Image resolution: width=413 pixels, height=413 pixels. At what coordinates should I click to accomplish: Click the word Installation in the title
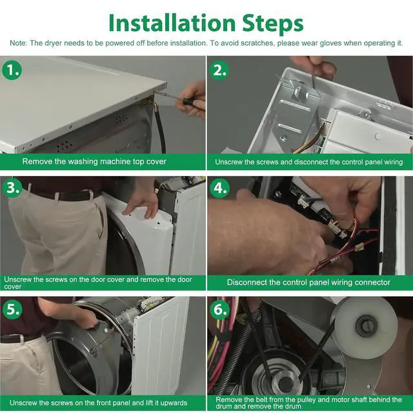click(172, 23)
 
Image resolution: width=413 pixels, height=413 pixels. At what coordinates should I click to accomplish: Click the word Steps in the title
click(272, 25)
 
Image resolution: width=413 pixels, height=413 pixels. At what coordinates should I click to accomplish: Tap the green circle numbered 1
click(12, 70)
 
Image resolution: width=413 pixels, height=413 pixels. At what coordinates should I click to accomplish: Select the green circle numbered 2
click(219, 70)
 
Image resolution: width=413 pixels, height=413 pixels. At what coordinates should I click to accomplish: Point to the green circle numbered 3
click(12, 188)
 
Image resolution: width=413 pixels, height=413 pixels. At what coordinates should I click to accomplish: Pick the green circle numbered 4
click(219, 188)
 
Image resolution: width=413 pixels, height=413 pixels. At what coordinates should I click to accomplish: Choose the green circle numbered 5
click(12, 309)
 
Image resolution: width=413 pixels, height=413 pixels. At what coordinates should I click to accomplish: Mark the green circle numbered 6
click(219, 309)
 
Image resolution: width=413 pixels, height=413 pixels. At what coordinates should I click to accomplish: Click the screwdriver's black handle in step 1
click(191, 101)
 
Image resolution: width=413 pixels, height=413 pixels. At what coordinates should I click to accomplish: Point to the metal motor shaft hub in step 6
click(285, 383)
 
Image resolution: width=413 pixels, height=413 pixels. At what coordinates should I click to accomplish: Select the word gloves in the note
click(330, 43)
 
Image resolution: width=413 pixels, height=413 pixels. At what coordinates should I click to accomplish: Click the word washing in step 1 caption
click(83, 161)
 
